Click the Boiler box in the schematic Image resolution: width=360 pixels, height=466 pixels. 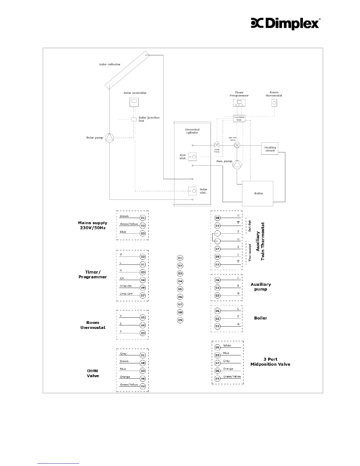click(x=257, y=193)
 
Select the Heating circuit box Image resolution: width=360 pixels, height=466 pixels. click(x=270, y=149)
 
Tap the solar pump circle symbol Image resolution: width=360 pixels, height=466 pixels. click(x=109, y=138)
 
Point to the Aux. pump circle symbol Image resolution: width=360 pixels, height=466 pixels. click(x=237, y=165)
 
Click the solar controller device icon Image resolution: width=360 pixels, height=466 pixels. click(x=134, y=102)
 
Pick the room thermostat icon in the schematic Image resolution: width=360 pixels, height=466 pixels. click(x=274, y=103)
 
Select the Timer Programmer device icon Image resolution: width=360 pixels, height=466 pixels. click(x=239, y=103)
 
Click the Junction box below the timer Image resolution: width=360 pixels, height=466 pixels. click(x=239, y=119)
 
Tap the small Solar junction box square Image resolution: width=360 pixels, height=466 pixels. click(x=134, y=119)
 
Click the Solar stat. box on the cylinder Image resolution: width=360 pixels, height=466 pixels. click(x=192, y=191)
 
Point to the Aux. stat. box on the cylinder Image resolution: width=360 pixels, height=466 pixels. click(x=192, y=157)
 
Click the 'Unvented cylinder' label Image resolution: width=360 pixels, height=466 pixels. click(x=192, y=131)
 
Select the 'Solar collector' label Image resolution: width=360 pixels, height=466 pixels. click(x=109, y=64)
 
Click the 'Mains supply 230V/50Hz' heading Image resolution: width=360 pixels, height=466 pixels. click(x=93, y=225)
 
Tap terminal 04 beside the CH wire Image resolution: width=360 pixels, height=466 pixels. click(x=143, y=280)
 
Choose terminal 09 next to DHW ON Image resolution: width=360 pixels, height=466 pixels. click(x=143, y=288)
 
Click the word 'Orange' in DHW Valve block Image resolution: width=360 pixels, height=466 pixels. click(x=125, y=377)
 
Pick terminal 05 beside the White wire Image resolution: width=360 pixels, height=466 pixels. click(x=217, y=347)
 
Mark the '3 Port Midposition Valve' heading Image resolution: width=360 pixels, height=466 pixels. click(x=270, y=362)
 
